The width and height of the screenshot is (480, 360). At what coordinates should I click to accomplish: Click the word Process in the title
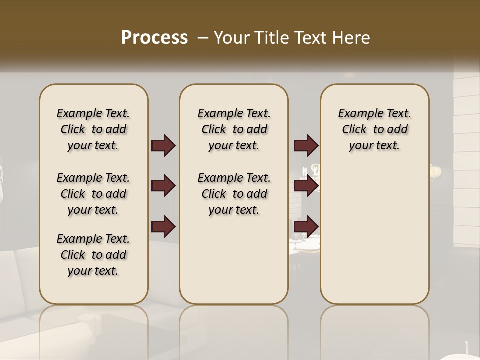pyautogui.click(x=154, y=38)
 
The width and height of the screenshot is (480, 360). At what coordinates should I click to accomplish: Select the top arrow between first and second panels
pyautogui.click(x=163, y=145)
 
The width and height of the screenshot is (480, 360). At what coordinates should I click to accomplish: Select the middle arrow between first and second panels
pyautogui.click(x=163, y=186)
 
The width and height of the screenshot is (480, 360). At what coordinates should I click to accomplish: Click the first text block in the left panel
pyautogui.click(x=93, y=129)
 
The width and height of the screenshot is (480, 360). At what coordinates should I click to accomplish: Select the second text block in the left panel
pyautogui.click(x=93, y=194)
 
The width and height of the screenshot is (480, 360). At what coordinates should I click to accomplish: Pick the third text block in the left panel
pyautogui.click(x=93, y=255)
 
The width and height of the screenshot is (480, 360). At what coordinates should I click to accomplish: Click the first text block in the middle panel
pyautogui.click(x=234, y=129)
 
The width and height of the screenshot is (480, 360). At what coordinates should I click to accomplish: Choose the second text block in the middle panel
pyautogui.click(x=234, y=194)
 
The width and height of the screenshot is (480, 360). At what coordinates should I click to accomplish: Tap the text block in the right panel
pyautogui.click(x=374, y=129)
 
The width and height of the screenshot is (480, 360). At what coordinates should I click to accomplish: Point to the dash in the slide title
pyautogui.click(x=203, y=38)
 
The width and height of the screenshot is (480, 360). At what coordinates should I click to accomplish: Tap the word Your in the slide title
pyautogui.click(x=230, y=38)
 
